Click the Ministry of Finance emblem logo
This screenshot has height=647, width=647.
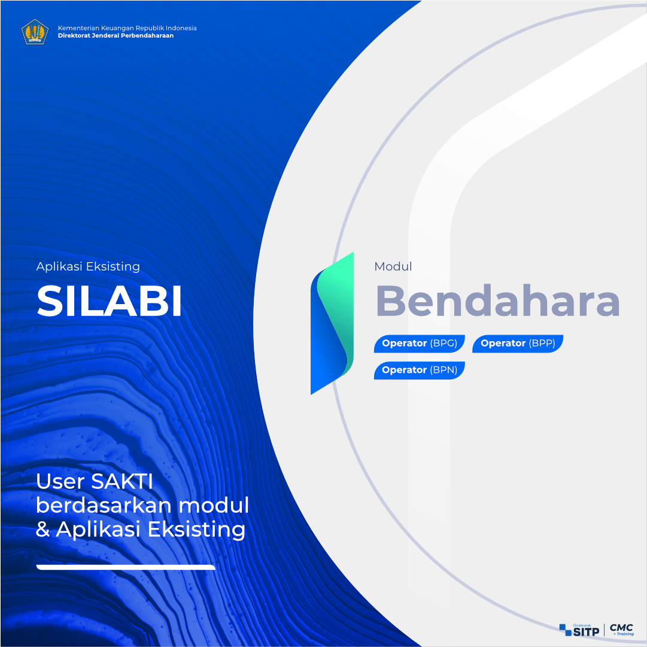point(35,32)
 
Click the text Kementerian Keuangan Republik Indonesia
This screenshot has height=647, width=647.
point(127,28)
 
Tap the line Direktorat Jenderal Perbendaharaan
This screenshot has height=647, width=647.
point(116,35)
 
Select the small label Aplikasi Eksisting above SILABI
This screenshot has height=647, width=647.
point(88,266)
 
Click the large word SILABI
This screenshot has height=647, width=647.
point(110,301)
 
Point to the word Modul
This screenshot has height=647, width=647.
point(393,266)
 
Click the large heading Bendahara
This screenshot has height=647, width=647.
point(497,301)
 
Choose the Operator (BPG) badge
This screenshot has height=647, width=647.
point(419,344)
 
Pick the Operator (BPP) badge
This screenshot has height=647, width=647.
point(518,344)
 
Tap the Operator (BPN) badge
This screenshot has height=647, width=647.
point(419,370)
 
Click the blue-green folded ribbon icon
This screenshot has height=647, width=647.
point(332,323)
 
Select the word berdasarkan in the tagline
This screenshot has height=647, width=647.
point(103,506)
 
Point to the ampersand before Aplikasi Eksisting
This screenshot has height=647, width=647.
point(42,530)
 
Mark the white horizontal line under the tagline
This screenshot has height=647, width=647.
point(126,567)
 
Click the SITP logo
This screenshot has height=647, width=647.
point(579,630)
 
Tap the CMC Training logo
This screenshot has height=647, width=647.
point(622,630)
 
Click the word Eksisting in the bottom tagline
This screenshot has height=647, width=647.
point(196,530)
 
